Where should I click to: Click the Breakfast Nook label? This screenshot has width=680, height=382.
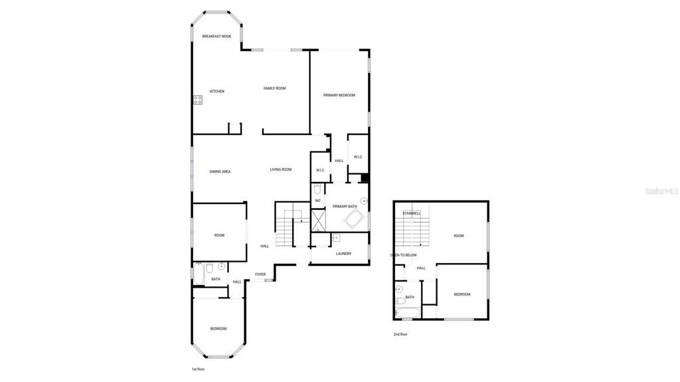216,36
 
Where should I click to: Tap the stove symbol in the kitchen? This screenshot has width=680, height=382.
198,100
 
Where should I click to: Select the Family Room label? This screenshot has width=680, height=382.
274,88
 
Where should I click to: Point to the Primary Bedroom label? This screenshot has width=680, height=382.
339,95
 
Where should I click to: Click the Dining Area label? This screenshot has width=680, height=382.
220,171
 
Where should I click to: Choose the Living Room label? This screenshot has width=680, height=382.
280,169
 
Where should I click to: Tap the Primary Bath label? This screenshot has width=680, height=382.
345,207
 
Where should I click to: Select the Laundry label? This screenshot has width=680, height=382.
343,253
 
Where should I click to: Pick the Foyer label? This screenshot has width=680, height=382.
260,274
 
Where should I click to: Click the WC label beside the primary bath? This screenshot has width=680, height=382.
317,200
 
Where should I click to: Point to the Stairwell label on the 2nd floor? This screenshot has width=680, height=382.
411,213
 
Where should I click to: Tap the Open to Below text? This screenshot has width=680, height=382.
403,254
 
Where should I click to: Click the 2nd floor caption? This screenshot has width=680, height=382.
400,334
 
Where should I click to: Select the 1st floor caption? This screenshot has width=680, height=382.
198,369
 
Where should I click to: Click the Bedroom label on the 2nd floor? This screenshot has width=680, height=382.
462,294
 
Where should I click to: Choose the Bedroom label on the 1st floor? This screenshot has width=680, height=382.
218,328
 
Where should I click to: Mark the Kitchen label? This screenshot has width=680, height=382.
217,91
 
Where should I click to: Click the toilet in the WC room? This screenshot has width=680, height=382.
317,188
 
